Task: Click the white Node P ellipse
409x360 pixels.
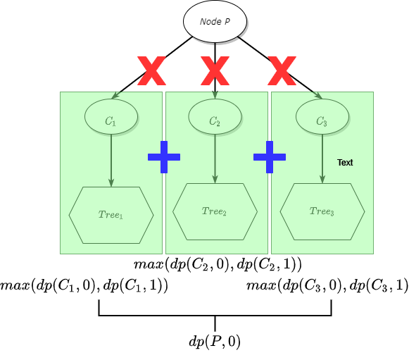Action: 215,21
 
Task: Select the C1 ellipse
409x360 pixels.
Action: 111,117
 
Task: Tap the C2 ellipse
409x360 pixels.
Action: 215,117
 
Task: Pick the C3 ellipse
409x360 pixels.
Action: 322,117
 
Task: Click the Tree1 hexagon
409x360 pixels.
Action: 111,215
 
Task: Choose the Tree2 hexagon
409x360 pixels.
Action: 215,211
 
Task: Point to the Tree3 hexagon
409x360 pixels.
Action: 322,211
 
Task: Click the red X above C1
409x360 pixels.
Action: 151,70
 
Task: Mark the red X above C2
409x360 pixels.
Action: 215,70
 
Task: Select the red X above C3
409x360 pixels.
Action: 282,70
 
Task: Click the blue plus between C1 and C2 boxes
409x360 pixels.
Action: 164,156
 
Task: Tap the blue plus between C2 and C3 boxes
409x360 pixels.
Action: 270,156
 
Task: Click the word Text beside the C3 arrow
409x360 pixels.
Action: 345,163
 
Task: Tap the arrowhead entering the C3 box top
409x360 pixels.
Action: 318,96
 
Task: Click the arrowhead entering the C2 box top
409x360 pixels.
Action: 215,95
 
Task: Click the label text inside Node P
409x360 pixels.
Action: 215,21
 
